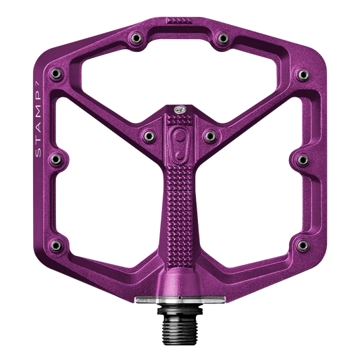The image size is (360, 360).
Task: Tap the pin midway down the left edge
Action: tap(57, 159)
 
